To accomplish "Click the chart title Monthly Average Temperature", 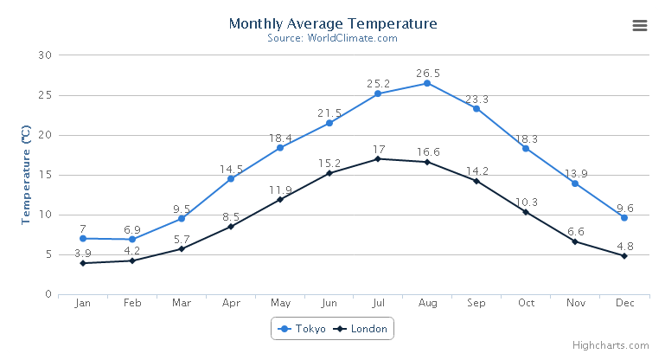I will click(x=333, y=23).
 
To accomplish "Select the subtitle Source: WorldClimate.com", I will click(x=333, y=38).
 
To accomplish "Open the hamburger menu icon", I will click(x=640, y=26).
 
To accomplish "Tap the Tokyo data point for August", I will click(x=427, y=83).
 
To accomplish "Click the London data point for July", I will click(x=378, y=158).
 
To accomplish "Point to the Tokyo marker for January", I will click(x=83, y=238).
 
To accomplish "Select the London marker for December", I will click(x=623, y=256).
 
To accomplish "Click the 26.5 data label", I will click(x=427, y=74).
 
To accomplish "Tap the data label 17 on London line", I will click(x=379, y=150).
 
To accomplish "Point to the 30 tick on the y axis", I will click(x=46, y=55).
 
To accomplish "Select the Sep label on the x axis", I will click(x=476, y=303).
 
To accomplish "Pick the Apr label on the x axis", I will click(x=231, y=303).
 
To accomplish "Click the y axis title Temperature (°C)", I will click(x=27, y=175).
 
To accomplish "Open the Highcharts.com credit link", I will click(x=616, y=344).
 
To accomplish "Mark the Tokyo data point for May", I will click(x=280, y=148).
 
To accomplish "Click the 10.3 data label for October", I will click(x=526, y=202).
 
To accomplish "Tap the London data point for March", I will click(x=182, y=248).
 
